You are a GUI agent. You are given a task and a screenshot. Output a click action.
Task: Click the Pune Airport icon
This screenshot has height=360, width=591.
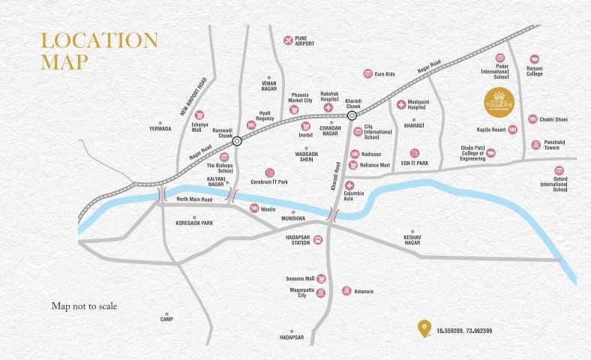click(288, 40)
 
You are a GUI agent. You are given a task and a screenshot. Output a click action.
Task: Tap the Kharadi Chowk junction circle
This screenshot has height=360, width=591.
click(352, 115)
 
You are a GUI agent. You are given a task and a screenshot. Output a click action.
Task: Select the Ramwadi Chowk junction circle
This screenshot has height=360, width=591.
click(237, 141)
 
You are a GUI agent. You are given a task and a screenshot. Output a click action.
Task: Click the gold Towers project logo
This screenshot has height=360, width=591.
click(499, 99)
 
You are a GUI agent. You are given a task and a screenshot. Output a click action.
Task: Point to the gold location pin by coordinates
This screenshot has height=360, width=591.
click(425, 328)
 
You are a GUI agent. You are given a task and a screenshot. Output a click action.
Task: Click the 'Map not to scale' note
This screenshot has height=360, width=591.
click(85, 306)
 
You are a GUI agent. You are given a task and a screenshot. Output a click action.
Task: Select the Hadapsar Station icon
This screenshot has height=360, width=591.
click(318, 240)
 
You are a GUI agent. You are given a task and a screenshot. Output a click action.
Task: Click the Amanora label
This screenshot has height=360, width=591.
click(363, 290)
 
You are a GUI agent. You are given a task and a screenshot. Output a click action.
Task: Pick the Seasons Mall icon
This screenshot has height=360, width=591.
click(322, 277)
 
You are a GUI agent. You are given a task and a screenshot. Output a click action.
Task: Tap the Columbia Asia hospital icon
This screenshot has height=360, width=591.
click(349, 184)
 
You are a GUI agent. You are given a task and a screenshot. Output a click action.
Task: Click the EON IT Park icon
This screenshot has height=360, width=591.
click(414, 153)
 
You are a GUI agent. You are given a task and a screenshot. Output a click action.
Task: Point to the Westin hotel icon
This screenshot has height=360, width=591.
click(254, 208)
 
